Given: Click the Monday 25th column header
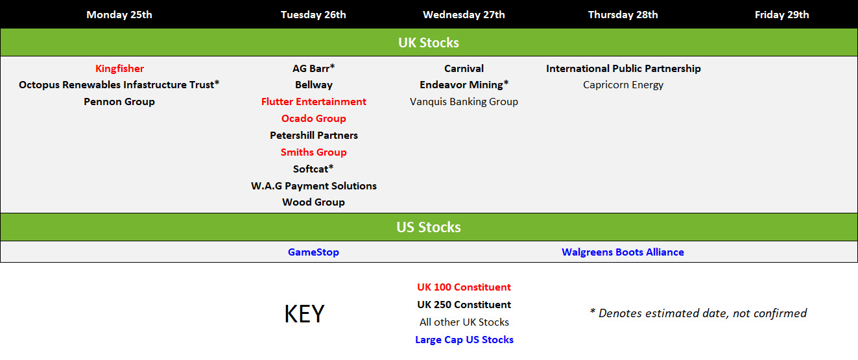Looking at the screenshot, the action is (119, 14).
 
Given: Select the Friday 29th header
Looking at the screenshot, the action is (781, 14).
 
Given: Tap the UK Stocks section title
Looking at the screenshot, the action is (429, 43).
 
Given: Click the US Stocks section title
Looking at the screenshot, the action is (429, 227).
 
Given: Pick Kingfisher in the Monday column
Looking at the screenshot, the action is (119, 69).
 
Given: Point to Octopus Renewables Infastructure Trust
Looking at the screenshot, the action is (119, 84).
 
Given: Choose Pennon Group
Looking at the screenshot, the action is (119, 101).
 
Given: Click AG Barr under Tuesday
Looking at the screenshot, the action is (314, 69).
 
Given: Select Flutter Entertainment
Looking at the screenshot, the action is (314, 101).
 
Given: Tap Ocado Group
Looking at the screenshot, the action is (314, 118).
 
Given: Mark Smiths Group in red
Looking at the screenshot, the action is (314, 152).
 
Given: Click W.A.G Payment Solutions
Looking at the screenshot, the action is (314, 186).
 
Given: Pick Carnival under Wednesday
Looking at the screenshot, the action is (464, 69).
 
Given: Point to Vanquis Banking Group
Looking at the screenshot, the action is (464, 101).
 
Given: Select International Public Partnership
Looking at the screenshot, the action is (623, 69).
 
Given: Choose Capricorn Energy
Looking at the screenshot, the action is (623, 84).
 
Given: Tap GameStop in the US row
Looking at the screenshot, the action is (313, 252).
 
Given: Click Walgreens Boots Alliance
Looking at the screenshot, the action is (623, 252).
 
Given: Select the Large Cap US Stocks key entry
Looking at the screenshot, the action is (464, 340).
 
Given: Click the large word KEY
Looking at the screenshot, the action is (305, 314).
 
